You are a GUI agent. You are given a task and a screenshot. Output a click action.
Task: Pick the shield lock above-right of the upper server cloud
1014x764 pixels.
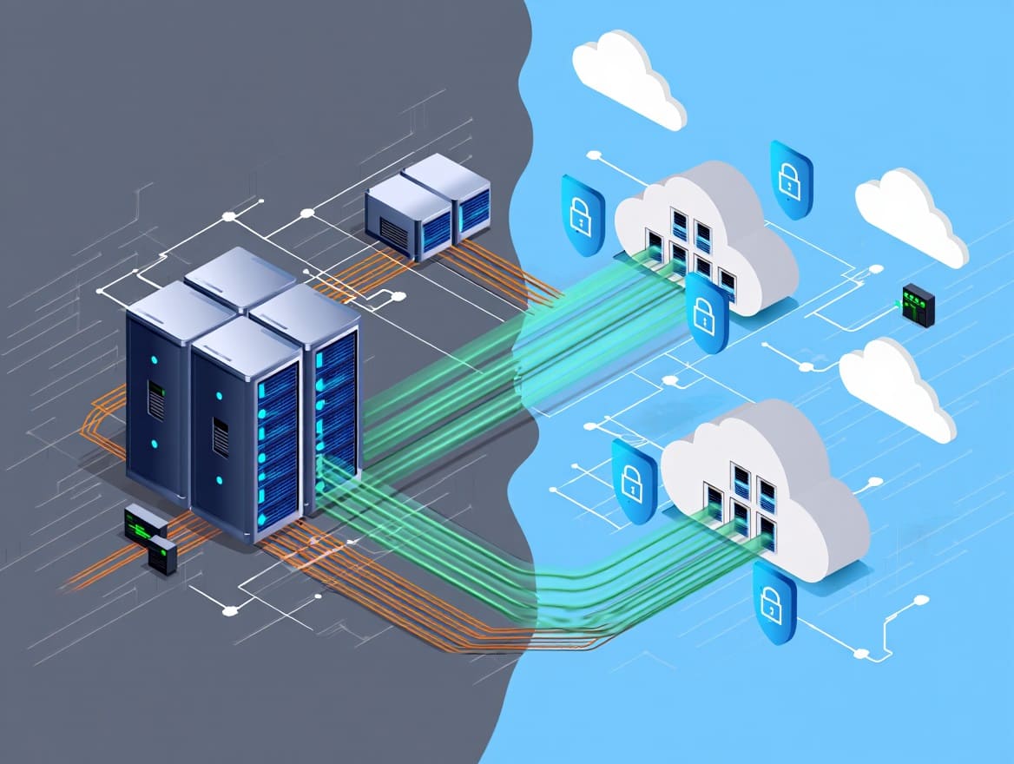[x=790, y=180]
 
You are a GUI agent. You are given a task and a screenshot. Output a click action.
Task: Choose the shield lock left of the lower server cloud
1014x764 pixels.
[x=633, y=481]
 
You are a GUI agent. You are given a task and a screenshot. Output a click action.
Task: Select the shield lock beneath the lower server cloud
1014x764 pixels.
[x=773, y=601]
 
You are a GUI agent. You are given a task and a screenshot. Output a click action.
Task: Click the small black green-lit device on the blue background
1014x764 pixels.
[x=918, y=305]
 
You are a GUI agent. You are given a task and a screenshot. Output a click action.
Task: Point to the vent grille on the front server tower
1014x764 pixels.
[x=221, y=438]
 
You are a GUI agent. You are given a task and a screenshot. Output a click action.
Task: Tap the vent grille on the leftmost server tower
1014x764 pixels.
[x=156, y=399]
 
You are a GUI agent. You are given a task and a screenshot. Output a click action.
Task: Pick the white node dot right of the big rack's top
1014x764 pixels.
[x=398, y=296]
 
